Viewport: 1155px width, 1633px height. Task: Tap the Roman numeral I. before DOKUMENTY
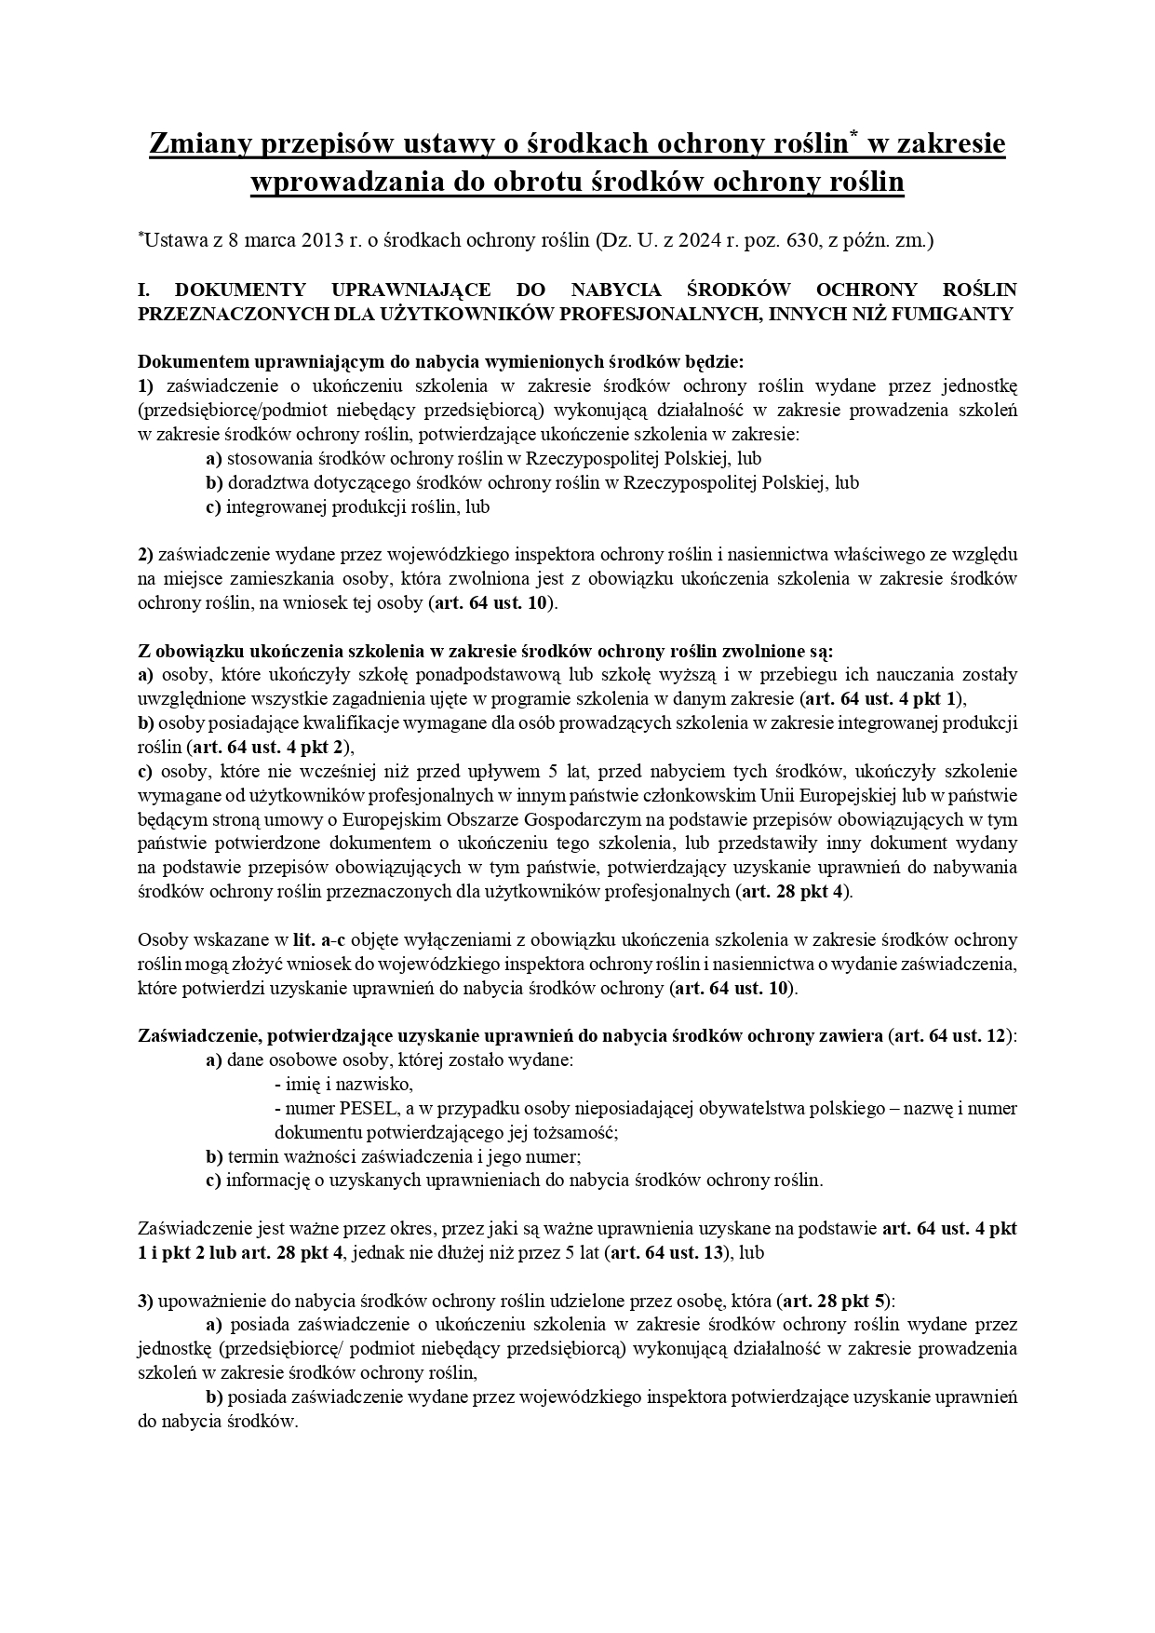[145, 290]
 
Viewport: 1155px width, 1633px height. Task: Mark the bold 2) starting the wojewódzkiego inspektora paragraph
[145, 555]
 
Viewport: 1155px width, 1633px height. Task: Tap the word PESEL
[346, 1109]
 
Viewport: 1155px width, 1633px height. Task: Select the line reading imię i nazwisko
[343, 1085]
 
